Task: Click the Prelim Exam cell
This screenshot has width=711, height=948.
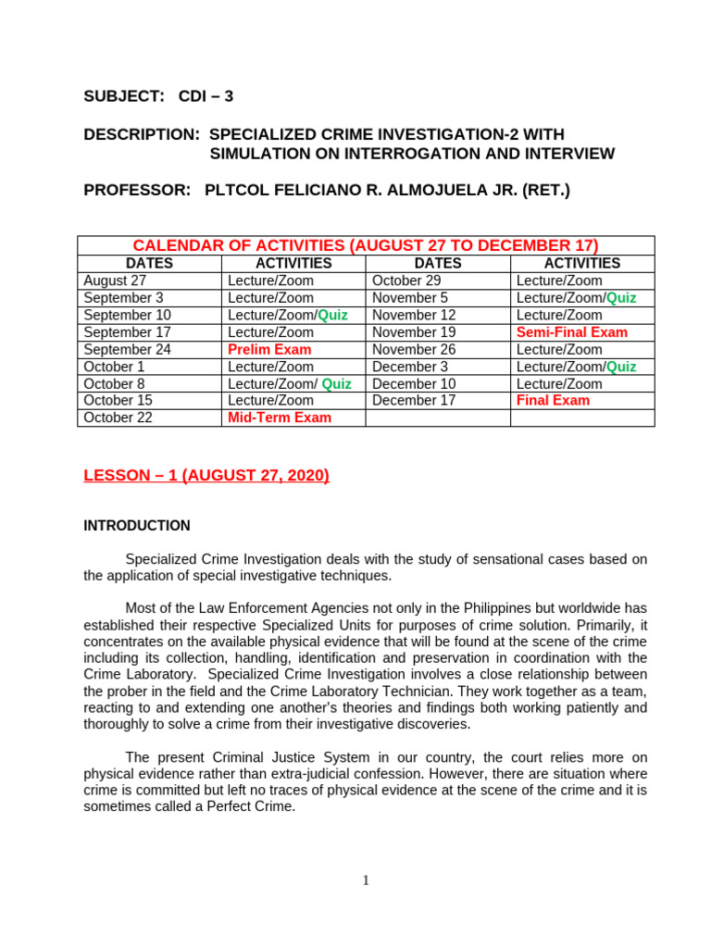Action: coord(269,350)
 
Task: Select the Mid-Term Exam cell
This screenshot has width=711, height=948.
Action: coord(279,418)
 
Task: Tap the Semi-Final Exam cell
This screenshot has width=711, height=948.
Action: coord(571,332)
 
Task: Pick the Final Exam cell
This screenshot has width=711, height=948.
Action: coord(553,401)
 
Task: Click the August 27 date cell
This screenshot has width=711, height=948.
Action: coord(115,281)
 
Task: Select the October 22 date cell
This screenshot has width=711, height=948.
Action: coord(118,418)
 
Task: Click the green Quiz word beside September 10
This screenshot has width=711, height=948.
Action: coord(332,316)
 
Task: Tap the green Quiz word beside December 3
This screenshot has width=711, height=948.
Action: coord(621,367)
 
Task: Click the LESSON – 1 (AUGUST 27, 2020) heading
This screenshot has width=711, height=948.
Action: coord(206,476)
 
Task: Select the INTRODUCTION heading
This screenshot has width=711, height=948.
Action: coord(137,526)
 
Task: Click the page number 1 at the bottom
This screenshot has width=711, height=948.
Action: coord(366,880)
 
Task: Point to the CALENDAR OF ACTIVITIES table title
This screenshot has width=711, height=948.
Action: coord(366,245)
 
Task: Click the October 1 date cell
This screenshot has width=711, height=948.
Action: coord(114,367)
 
